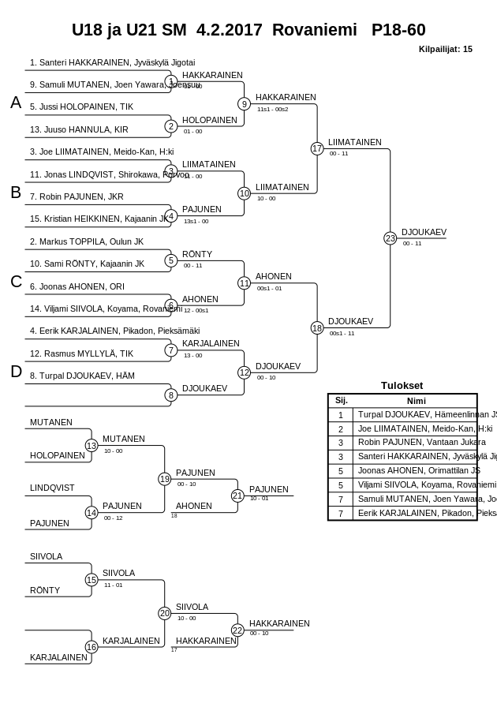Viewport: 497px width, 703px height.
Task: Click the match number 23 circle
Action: point(390,237)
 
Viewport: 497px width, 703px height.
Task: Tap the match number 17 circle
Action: point(317,148)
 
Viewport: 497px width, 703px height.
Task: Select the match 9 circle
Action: point(244,103)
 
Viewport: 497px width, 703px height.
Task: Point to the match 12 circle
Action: point(244,372)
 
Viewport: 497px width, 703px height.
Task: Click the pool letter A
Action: point(16,103)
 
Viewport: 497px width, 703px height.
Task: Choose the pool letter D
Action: point(16,372)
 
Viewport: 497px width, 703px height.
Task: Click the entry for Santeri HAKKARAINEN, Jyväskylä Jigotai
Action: point(112,62)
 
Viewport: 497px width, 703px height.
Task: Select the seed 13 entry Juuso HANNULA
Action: point(79,129)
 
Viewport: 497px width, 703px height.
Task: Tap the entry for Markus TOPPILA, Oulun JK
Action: point(87,241)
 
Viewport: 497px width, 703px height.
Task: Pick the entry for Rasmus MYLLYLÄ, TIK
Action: point(81,353)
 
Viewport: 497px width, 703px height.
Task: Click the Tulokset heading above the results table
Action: point(402,386)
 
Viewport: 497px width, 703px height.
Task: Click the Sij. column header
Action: point(341,400)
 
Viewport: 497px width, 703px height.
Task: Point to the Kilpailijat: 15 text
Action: point(445,49)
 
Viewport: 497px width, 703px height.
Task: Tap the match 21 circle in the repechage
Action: point(237,495)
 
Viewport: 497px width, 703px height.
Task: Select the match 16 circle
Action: point(92,647)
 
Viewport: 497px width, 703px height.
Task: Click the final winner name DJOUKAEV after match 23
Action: point(424,232)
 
